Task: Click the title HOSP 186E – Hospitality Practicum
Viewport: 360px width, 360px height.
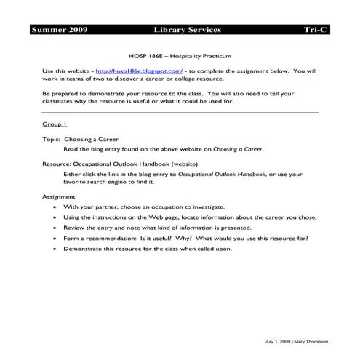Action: tap(180, 55)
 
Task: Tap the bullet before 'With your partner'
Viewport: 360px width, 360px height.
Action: tap(56, 207)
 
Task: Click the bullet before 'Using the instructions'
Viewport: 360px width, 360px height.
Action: tap(56, 217)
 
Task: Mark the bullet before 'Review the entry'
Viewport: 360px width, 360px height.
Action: tap(56, 228)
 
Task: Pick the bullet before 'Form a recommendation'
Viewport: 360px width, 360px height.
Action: tap(56, 238)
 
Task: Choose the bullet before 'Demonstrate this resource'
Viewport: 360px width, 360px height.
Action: tap(56, 248)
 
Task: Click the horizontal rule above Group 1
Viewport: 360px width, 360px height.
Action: tap(180, 113)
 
